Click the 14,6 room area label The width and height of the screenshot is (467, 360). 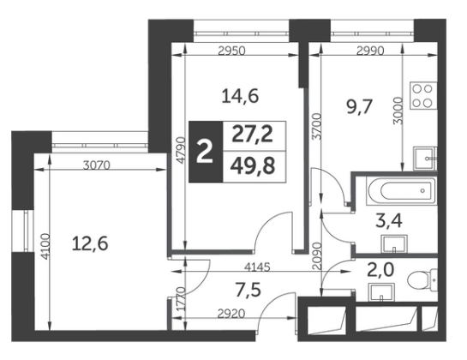[240, 97]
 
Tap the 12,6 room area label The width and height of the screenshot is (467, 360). [90, 244]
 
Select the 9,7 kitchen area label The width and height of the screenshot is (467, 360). [360, 107]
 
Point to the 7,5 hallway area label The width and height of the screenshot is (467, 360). [248, 290]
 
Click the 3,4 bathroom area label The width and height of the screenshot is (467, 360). [389, 221]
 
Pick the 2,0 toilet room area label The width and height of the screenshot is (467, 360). [380, 270]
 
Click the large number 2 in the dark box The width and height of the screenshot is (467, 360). [206, 152]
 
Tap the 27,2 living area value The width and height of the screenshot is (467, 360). [253, 135]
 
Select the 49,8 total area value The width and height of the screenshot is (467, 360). [253, 166]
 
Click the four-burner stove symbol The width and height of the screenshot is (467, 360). [423, 96]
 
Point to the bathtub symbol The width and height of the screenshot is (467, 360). [402, 191]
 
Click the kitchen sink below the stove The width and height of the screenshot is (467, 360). [425, 159]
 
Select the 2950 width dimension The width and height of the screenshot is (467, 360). [231, 51]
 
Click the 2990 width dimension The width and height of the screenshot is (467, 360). [370, 51]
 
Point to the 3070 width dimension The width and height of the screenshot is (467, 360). [97, 165]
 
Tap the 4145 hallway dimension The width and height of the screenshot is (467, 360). [257, 267]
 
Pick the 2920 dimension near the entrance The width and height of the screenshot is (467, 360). [231, 314]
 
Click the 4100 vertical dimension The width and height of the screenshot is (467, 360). [46, 247]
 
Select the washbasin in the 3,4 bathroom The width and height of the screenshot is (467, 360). [394, 243]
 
